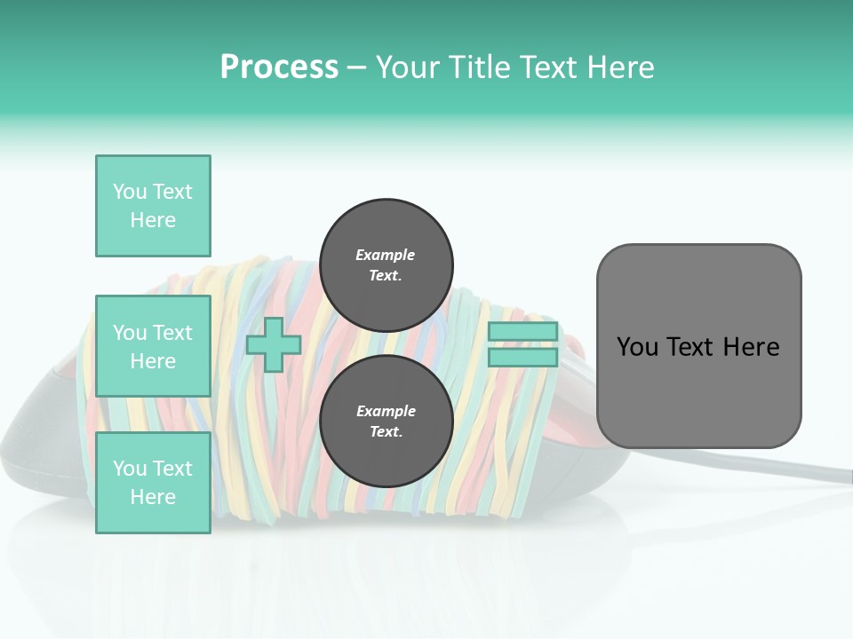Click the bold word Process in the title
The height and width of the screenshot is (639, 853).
[279, 67]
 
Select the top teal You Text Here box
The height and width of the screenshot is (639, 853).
[153, 206]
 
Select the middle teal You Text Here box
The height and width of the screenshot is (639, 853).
[153, 346]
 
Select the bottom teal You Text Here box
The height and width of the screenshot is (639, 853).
[153, 482]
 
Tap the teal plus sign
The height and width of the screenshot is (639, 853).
[273, 345]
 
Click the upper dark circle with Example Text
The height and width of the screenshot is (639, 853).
[386, 265]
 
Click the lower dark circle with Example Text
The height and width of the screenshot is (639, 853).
[386, 422]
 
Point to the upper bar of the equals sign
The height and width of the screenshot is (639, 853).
[522, 332]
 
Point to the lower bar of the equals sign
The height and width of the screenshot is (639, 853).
[522, 358]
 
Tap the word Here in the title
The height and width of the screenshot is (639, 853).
[618, 67]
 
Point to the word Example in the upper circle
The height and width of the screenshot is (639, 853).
[386, 255]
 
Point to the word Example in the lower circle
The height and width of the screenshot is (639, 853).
[386, 411]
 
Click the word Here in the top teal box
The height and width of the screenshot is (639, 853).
[153, 220]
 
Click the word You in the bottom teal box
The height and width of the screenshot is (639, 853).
[130, 469]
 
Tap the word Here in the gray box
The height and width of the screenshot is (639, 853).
[751, 347]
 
